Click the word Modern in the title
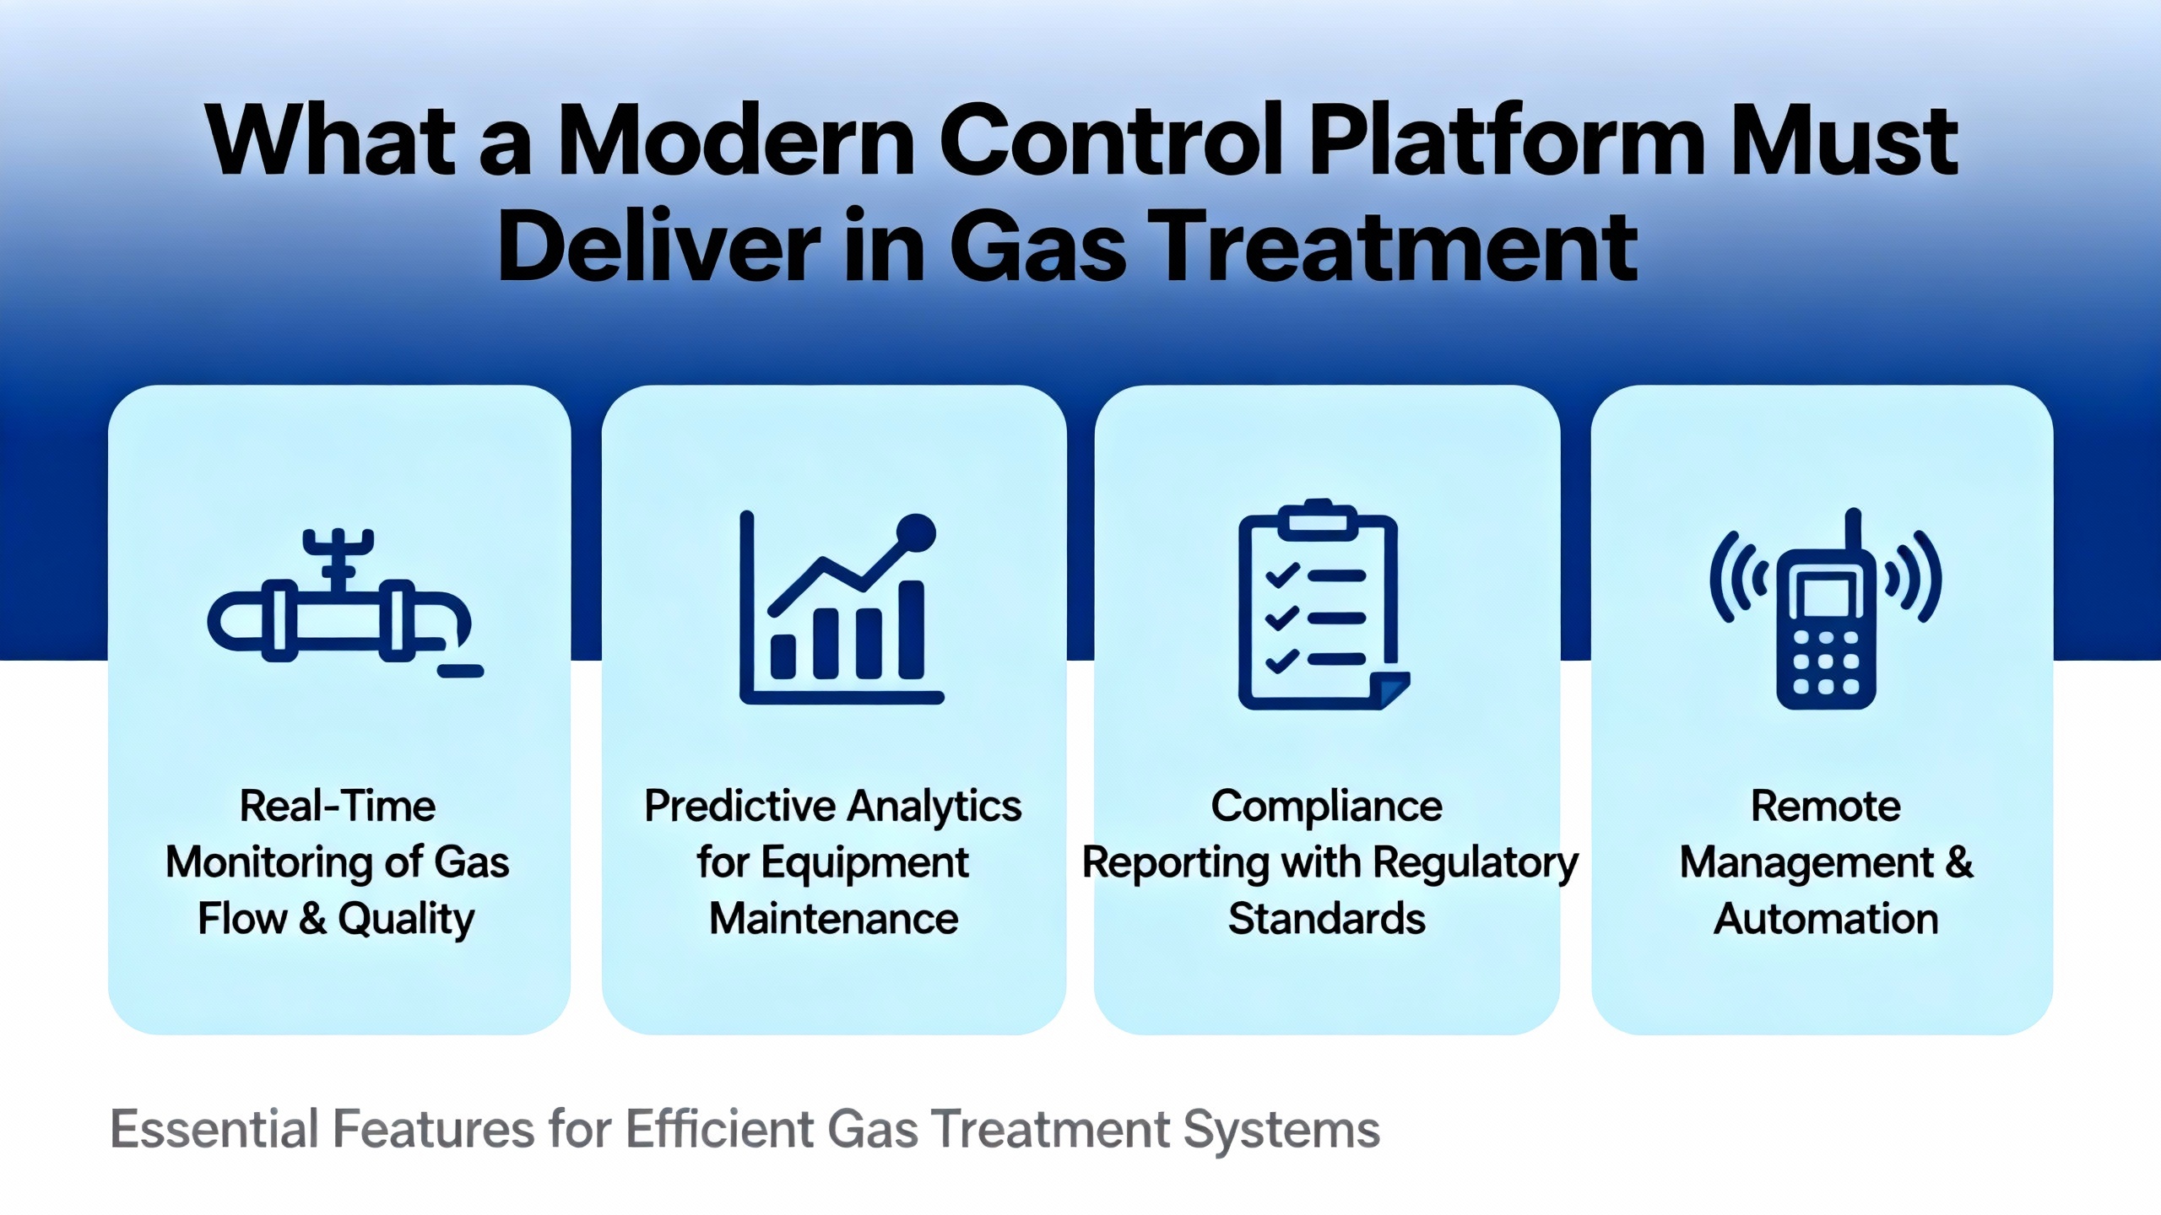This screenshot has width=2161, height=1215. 735,141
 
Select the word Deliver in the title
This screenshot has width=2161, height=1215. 659,246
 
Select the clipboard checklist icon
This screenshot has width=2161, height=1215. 1324,604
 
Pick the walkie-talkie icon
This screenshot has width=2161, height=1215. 1826,608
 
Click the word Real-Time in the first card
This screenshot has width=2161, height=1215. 338,806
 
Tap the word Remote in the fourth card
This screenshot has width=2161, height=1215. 1826,806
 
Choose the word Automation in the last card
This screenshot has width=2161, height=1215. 1826,918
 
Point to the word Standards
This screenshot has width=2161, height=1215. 1327,918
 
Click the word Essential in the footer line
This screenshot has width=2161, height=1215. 214,1129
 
